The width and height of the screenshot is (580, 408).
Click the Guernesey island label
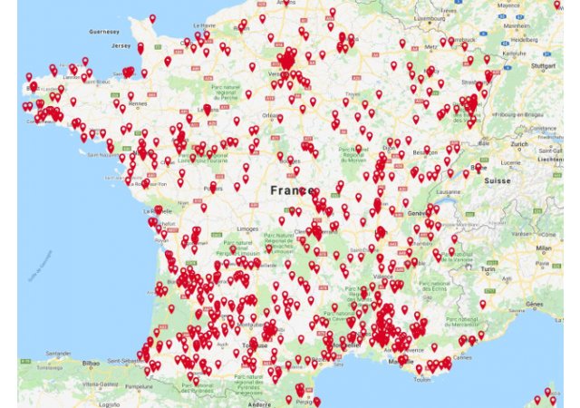pyautogui.click(x=103, y=31)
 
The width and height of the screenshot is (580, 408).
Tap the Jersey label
pyautogui.click(x=121, y=44)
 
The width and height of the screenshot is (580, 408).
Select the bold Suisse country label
pyautogui.click(x=497, y=180)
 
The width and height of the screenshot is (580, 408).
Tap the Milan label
pyautogui.click(x=543, y=247)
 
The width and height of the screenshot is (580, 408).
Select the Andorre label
pyautogui.click(x=261, y=403)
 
